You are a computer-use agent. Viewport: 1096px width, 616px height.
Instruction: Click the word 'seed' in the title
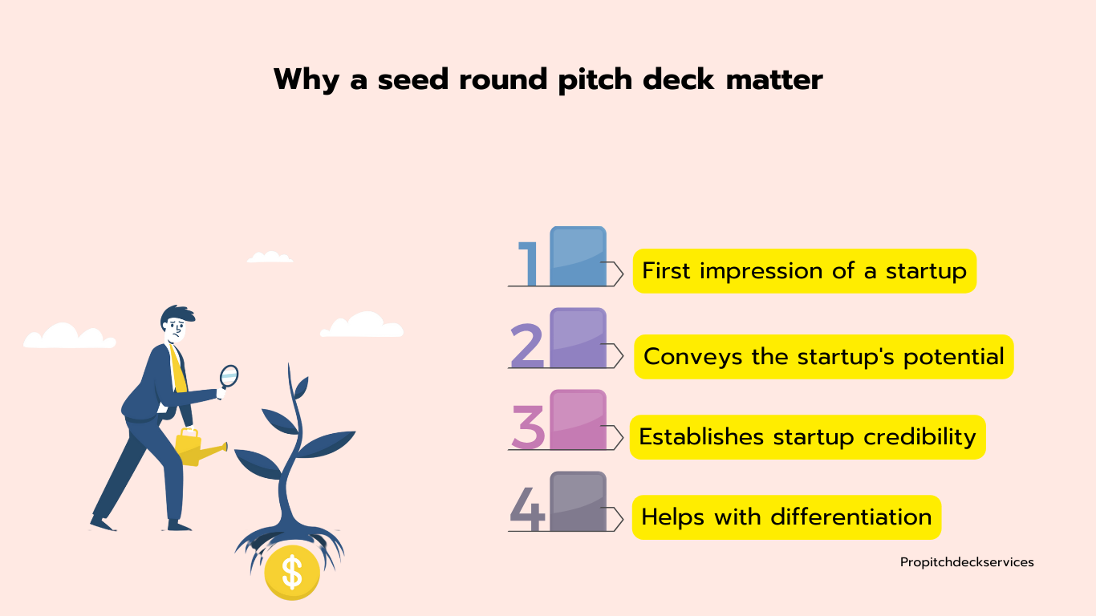pyautogui.click(x=413, y=79)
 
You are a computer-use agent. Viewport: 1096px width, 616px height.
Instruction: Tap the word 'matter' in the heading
pyautogui.click(x=774, y=79)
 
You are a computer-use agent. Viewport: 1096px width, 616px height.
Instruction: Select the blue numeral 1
pyautogui.click(x=529, y=264)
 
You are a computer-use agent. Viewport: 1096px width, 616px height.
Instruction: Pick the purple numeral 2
pyautogui.click(x=527, y=346)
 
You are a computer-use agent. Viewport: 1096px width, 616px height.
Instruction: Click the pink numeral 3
pyautogui.click(x=528, y=428)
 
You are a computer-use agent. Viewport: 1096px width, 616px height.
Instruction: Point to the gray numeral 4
pyautogui.click(x=527, y=509)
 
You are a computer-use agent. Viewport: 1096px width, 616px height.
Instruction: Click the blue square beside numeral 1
pyautogui.click(x=578, y=256)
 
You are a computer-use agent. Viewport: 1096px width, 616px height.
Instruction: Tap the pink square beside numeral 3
pyautogui.click(x=578, y=419)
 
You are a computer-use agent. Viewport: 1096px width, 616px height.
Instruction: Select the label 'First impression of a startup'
pyautogui.click(x=805, y=271)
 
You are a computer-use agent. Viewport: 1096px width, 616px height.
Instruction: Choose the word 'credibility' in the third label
pyautogui.click(x=919, y=437)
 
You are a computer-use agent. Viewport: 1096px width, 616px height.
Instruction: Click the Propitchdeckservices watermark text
pyautogui.click(x=967, y=563)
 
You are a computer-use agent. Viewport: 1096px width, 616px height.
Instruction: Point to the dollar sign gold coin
pyautogui.click(x=292, y=573)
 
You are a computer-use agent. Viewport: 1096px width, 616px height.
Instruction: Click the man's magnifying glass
pyautogui.click(x=228, y=379)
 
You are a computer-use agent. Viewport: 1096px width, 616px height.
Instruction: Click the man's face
pyautogui.click(x=177, y=330)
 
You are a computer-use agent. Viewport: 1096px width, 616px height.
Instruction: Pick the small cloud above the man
pyautogui.click(x=270, y=257)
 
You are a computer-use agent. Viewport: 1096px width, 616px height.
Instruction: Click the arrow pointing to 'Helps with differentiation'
pyautogui.click(x=612, y=519)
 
